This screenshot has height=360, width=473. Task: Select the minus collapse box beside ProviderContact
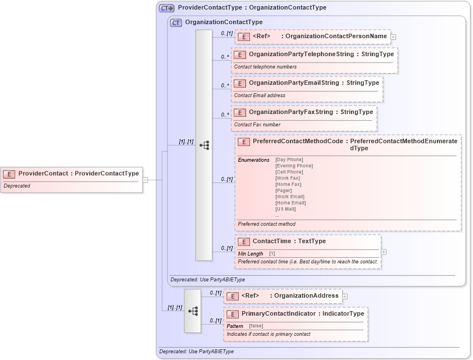[x=145, y=180]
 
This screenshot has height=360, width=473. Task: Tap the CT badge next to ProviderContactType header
[x=166, y=8]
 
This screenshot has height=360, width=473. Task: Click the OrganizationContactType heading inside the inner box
[x=224, y=22]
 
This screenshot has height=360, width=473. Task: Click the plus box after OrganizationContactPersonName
[x=393, y=37]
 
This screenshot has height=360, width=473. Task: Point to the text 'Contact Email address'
[x=260, y=95]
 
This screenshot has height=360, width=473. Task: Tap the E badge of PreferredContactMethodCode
[x=244, y=142]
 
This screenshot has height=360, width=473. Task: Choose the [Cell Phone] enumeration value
[x=289, y=172]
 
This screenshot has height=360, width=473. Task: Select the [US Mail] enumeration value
[x=285, y=209]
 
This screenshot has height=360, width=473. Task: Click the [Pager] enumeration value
[x=284, y=190]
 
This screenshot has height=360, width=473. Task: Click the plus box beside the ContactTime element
[x=384, y=252]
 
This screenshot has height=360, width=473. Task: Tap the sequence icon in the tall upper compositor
[x=204, y=145]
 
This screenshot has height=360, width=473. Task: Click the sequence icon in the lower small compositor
[x=192, y=311]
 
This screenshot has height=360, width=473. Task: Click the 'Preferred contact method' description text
[x=266, y=224]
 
